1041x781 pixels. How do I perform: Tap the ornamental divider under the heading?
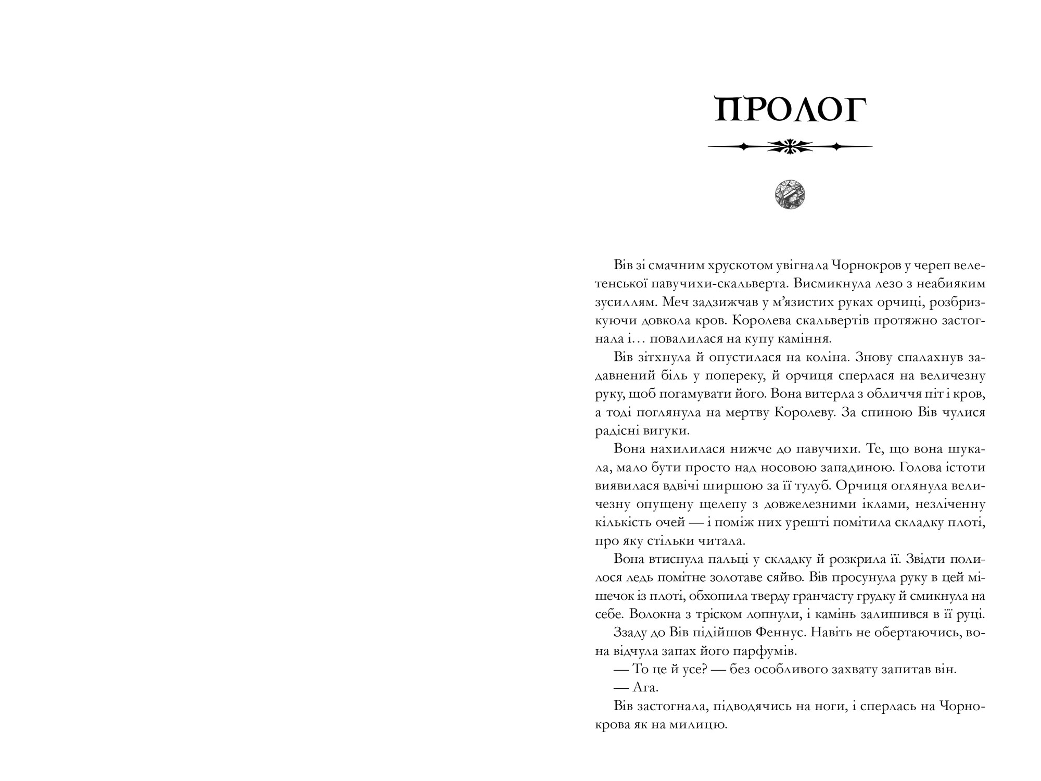click(x=790, y=147)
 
